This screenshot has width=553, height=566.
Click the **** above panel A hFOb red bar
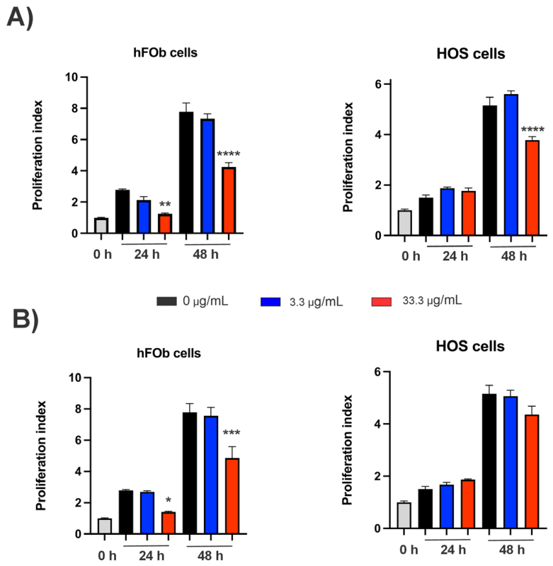pos(229,154)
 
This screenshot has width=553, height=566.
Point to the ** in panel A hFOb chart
pos(164,204)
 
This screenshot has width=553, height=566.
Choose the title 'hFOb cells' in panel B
pos(168,354)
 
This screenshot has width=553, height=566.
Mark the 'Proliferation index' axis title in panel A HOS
pos(348,160)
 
